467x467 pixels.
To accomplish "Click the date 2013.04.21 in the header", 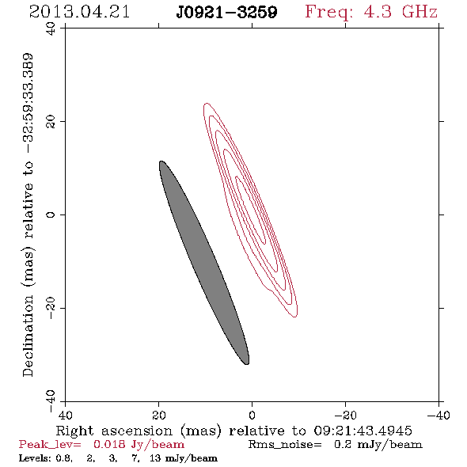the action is pos(79,12).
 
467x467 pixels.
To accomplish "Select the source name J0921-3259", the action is pos(226,12).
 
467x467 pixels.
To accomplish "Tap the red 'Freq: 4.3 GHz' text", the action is pos(371,12).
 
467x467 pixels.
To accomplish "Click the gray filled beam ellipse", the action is pos(204,262).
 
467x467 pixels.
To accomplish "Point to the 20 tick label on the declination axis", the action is pos(51,122).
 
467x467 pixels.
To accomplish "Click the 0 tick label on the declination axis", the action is pos(51,215).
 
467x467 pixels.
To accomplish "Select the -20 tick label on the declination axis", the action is pos(51,308).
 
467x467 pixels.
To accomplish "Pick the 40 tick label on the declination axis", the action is pos(51,28).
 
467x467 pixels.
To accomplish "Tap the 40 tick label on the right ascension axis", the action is pos(65,415).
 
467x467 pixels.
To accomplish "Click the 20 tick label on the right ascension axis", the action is pos(159,415).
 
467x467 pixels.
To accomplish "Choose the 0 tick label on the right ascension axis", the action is pos(252,415).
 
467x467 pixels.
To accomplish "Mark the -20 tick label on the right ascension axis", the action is pos(345,415).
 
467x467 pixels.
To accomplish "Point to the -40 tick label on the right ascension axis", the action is pos(439,415).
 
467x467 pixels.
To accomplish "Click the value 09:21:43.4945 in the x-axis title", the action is pos(363,431).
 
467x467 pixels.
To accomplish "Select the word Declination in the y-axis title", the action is pos(28,336).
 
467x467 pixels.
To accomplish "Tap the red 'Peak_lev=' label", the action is pos(50,445).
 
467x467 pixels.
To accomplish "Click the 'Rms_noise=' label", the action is pos(285,445).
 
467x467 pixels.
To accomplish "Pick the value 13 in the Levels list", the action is pos(155,458).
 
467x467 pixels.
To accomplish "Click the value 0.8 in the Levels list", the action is pos(63,458).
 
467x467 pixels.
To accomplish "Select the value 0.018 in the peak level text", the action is pos(109,444).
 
